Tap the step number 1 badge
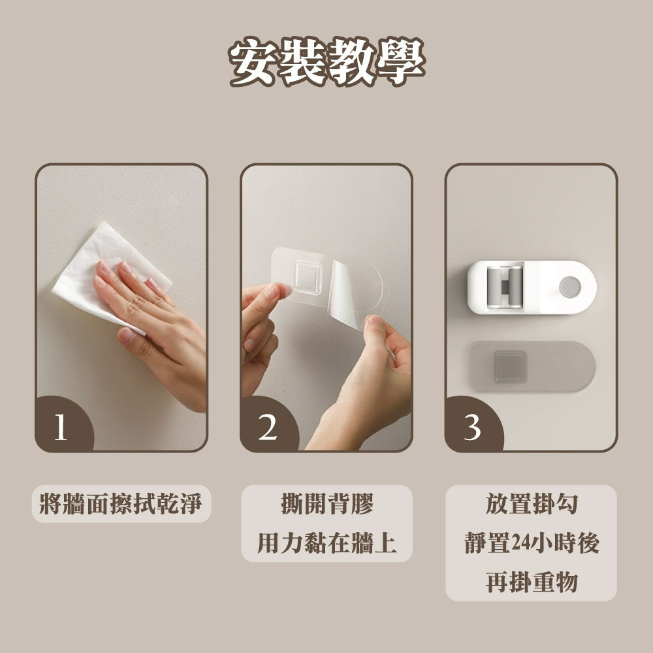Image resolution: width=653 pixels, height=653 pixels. pyautogui.click(x=63, y=425)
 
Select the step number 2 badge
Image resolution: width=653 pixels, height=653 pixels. pyautogui.click(x=268, y=425)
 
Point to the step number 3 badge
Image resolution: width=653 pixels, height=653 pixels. pyautogui.click(x=473, y=425)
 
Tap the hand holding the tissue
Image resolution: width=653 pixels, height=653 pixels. pyautogui.click(x=154, y=321)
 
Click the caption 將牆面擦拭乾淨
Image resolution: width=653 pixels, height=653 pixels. pyautogui.click(x=121, y=503)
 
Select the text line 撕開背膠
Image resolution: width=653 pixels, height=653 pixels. pyautogui.click(x=327, y=503)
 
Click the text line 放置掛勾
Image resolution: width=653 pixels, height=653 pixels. pyautogui.click(x=532, y=503)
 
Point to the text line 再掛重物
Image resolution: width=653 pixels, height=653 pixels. pyautogui.click(x=532, y=582)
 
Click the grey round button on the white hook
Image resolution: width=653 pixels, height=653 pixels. pyautogui.click(x=569, y=287)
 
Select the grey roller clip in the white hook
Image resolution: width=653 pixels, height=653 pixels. pyautogui.click(x=505, y=287)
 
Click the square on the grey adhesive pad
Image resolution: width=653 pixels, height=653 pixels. pyautogui.click(x=510, y=366)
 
